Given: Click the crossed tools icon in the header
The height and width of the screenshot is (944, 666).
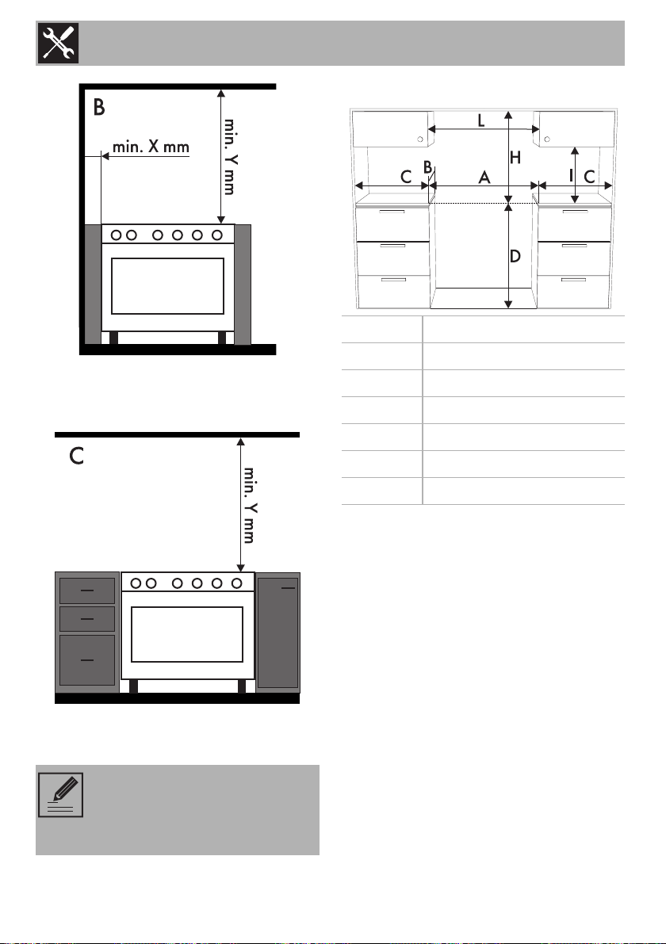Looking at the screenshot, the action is point(58,43).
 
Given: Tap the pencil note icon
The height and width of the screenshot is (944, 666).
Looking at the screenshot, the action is point(61,795).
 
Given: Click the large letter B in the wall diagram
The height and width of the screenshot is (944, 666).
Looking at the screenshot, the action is point(99,108).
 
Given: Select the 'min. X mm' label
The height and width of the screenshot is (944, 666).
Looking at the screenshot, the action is point(151,147).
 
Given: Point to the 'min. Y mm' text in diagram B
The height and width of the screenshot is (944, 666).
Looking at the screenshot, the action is point(230,156).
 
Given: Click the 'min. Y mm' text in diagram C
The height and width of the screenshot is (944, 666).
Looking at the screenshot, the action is point(249,505).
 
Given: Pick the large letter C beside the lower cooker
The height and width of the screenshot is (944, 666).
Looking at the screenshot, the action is point(76,457).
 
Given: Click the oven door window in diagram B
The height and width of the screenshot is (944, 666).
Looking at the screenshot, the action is point(167,286).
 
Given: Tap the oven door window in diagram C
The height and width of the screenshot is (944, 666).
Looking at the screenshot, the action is point(186,634).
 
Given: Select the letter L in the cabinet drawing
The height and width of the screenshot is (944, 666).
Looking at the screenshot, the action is point(481,120).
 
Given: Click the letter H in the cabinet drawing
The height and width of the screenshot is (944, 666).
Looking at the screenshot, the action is point(515,158).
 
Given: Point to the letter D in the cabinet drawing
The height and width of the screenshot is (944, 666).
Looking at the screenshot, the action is point(515,257).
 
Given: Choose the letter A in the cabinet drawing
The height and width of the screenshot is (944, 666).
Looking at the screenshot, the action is point(484,178).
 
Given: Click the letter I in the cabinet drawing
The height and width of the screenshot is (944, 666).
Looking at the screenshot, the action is point(571,176).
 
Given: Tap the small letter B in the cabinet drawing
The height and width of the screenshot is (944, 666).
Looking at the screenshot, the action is point(427,167).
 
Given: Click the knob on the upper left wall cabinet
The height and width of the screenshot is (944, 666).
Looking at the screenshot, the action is point(420,139).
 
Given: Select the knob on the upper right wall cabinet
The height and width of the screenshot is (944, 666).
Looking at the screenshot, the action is point(547,139).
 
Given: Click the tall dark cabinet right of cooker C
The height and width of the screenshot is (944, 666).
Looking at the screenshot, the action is point(278,633).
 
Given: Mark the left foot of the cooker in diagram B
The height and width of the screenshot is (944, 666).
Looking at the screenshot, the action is point(114,338).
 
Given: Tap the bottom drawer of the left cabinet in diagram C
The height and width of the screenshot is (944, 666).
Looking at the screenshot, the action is point(87,660).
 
